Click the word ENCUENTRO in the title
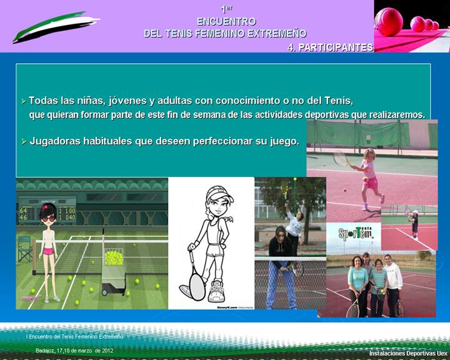(225, 21)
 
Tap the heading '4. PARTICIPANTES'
(331, 47)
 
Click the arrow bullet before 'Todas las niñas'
(23, 101)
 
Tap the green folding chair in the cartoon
(25, 250)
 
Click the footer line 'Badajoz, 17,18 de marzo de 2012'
(74, 351)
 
